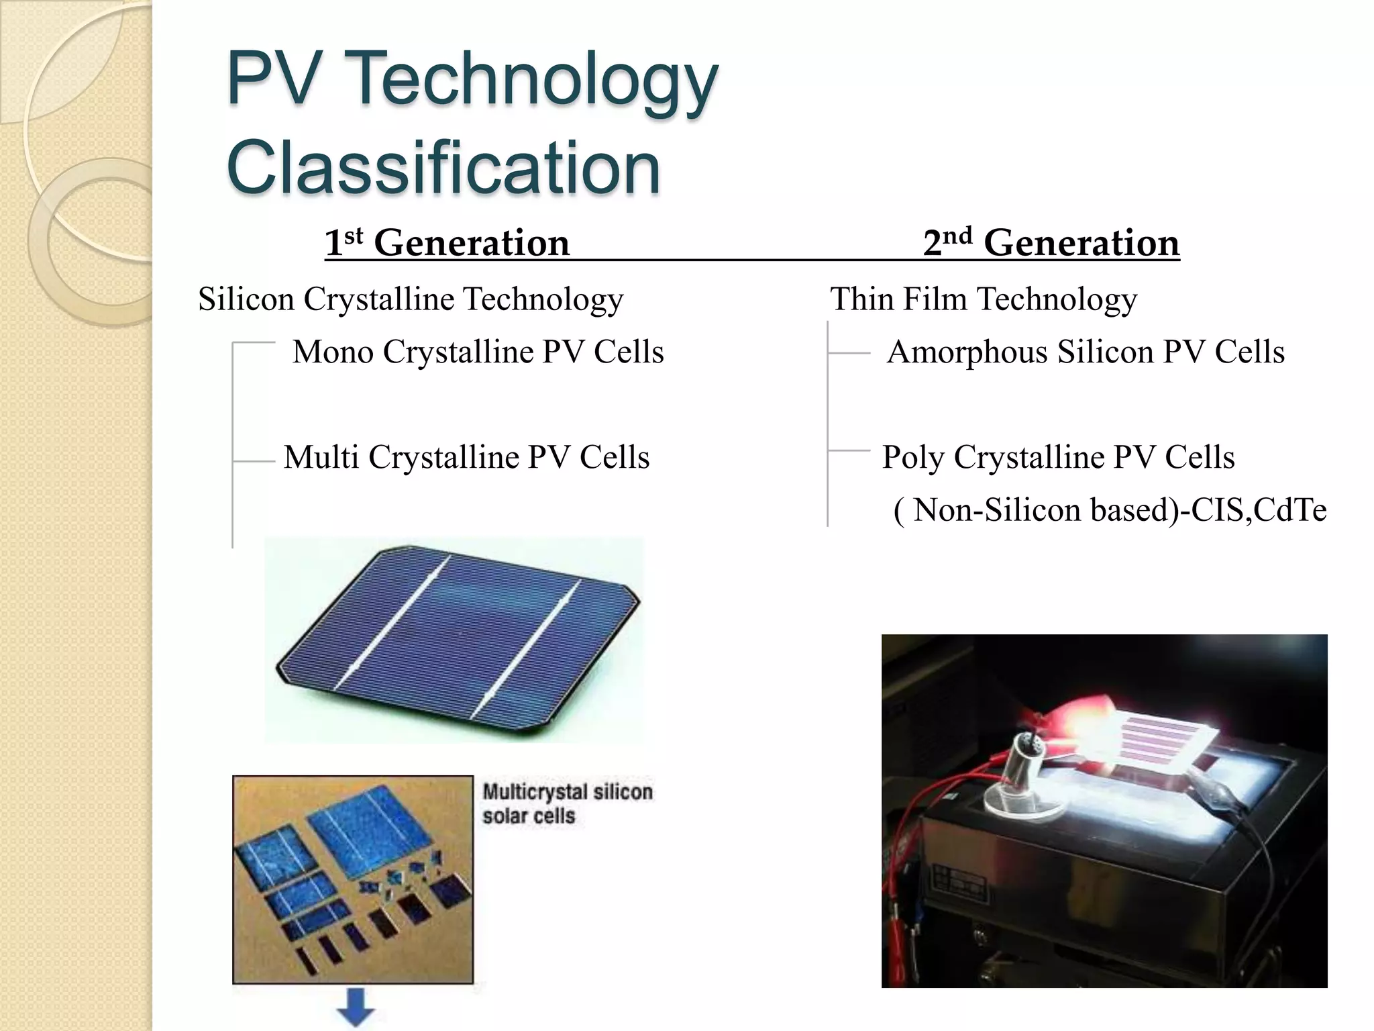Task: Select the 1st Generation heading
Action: (x=447, y=242)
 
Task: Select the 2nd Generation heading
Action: (x=1051, y=242)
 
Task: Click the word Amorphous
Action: (x=967, y=352)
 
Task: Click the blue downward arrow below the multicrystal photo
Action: (x=355, y=1007)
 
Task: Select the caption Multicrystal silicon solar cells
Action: (x=567, y=803)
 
